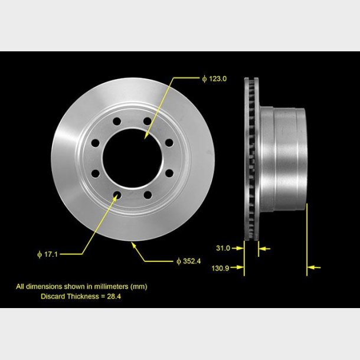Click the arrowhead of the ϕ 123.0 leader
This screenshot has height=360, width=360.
(x=146, y=137)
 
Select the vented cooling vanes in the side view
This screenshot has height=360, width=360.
(x=251, y=159)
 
